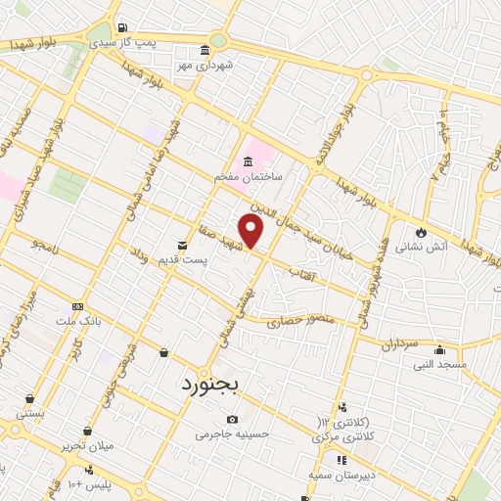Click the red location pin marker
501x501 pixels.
[x=251, y=231]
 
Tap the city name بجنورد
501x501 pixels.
[x=210, y=384]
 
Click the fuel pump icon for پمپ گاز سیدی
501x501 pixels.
[x=121, y=27]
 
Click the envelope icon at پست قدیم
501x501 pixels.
[x=182, y=245]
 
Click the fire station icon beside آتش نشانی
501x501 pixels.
[x=421, y=233]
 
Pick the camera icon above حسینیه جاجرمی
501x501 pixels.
[x=232, y=420]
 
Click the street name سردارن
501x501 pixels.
[x=400, y=344]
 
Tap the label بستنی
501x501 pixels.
[x=30, y=414]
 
